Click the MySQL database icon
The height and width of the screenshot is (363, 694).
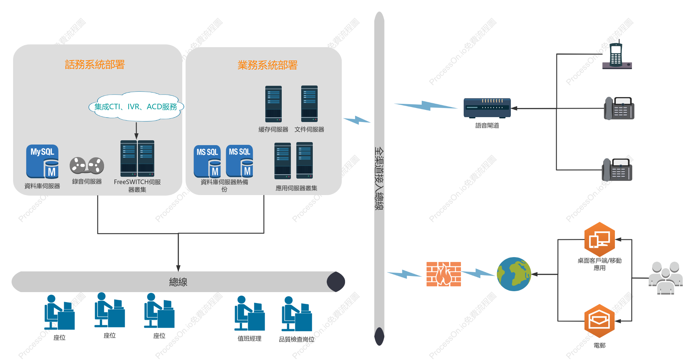tap(42, 161)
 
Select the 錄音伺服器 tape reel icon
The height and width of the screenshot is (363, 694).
tap(87, 165)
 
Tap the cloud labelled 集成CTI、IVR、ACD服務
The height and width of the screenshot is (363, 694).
tap(136, 106)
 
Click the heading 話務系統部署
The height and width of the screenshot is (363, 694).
tap(95, 65)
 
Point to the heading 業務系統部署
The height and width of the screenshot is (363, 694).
tap(267, 65)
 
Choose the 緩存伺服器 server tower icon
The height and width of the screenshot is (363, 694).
tap(273, 104)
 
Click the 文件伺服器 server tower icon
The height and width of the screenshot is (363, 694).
tap(309, 104)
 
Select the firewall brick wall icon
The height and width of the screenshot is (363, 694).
tap(444, 274)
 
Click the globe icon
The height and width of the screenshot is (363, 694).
tap(514, 274)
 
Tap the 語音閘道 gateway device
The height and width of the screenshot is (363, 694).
tap(487, 108)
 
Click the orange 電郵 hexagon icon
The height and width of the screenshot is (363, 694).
tap(599, 321)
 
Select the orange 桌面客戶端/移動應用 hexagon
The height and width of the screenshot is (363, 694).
tap(600, 239)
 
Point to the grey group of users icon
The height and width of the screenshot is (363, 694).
tap(666, 278)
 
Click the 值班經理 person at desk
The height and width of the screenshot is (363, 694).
tap(249, 313)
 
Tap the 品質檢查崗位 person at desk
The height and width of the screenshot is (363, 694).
tap(297, 314)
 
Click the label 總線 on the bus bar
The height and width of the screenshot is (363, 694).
tap(178, 282)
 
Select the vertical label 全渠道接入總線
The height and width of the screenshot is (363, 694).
tap(379, 179)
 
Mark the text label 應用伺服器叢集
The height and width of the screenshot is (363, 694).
tap(296, 188)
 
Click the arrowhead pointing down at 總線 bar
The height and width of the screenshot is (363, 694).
tap(178, 268)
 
